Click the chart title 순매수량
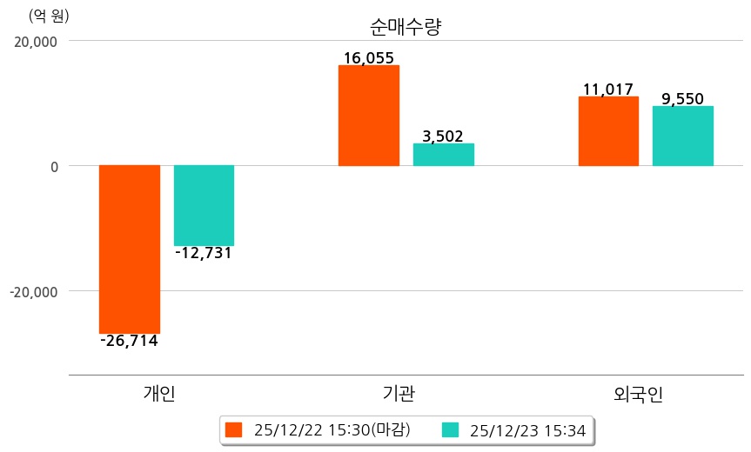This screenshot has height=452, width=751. [x=406, y=26]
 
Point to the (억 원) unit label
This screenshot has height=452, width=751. [x=49, y=16]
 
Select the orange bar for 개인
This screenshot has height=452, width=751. [x=130, y=249]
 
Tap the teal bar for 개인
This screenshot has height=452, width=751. [x=204, y=205]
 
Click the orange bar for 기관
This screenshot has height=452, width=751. [x=369, y=116]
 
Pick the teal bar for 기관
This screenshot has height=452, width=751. [x=444, y=155]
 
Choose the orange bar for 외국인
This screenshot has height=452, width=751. [x=608, y=131]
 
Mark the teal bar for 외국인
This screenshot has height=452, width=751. [x=683, y=136]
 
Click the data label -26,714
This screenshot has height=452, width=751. [x=129, y=341]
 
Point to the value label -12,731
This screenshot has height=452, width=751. [x=204, y=253]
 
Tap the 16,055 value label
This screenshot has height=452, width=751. [x=369, y=58]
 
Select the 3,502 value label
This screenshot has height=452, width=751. [x=443, y=136]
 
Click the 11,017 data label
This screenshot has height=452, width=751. [x=608, y=89]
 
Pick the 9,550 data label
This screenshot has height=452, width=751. [x=683, y=98]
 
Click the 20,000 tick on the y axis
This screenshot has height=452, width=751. [x=37, y=41]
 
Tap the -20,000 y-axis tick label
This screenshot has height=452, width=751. [x=34, y=291]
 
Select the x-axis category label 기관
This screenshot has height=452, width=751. [x=399, y=394]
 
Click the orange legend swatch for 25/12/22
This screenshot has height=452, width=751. [x=233, y=430]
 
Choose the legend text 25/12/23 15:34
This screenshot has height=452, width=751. [x=527, y=430]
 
